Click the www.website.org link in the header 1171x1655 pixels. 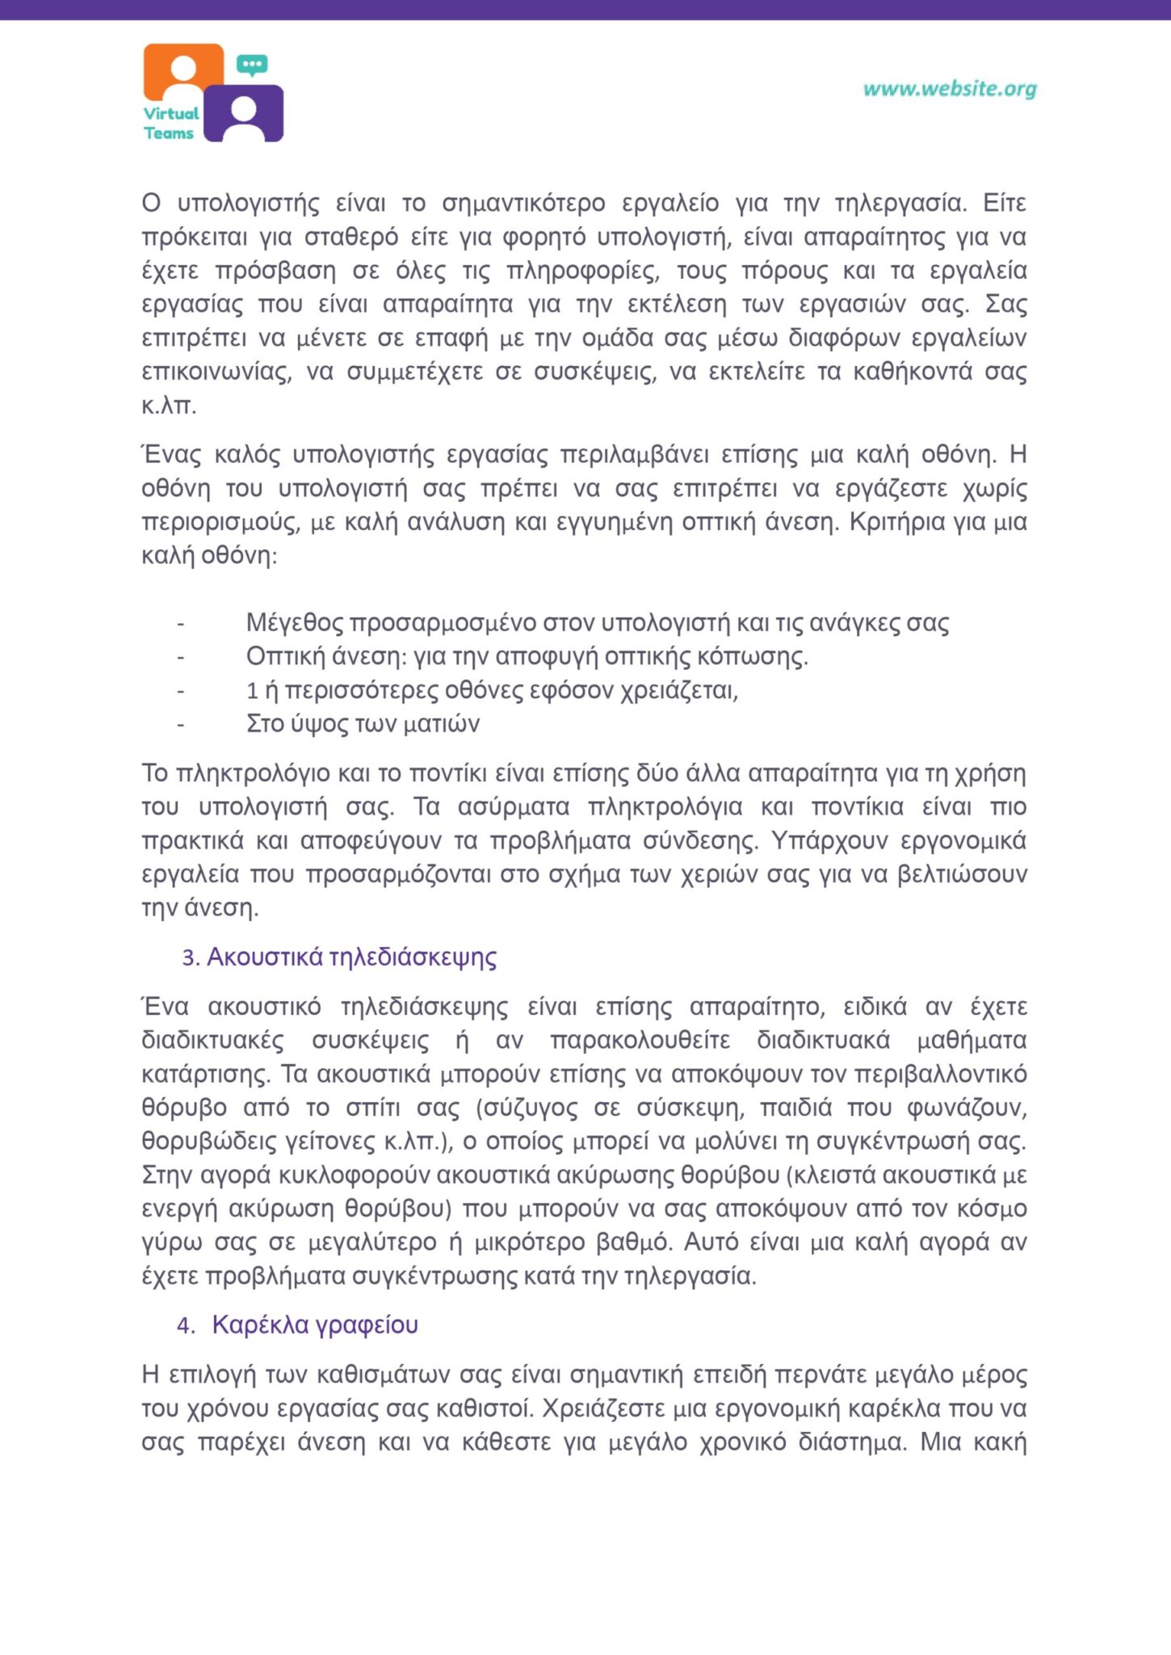[x=950, y=89]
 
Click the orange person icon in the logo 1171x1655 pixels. [x=184, y=71]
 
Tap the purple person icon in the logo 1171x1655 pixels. [x=243, y=115]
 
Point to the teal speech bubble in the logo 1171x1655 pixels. [x=252, y=65]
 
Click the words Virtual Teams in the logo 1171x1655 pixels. [x=171, y=124]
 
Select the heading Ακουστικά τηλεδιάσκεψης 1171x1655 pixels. [x=351, y=957]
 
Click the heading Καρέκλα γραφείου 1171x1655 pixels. [x=315, y=1324]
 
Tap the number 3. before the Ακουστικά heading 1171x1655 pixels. [x=190, y=958]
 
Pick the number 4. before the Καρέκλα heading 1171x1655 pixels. [x=186, y=1325]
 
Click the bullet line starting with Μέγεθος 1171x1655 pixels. [x=598, y=623]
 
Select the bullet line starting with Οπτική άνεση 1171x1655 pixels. [x=527, y=656]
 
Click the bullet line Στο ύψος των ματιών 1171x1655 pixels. [x=363, y=723]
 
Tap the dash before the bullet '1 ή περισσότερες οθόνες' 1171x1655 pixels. [x=181, y=691]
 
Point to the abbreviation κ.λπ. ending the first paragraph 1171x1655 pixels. [x=169, y=406]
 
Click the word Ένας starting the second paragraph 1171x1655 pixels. [x=171, y=455]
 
